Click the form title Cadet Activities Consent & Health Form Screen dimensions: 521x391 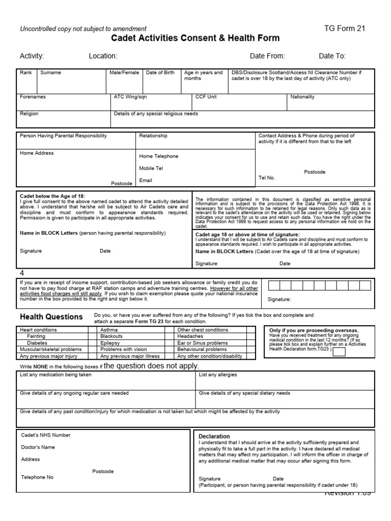pos(195,38)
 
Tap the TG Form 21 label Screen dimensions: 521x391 pos(345,28)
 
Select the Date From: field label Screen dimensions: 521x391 pos(267,56)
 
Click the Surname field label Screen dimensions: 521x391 pos(50,73)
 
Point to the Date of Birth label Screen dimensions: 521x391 pos(160,73)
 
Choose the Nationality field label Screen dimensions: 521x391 pos(302,97)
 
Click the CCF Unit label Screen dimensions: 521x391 pos(206,97)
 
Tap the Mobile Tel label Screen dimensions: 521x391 pos(151,168)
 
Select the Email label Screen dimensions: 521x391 pos(146,180)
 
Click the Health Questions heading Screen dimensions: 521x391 pos(51,317)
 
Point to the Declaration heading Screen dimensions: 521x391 pos(214,437)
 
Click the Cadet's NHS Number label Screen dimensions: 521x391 pos(46,435)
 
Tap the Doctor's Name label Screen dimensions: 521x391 pos(38,447)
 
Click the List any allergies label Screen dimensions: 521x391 pos(218,375)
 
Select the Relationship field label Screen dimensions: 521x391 pos(153,136)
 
